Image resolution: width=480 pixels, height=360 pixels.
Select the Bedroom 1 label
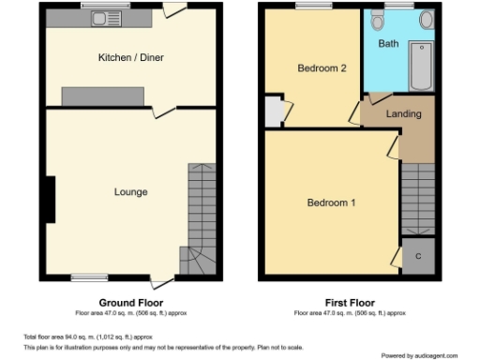pyautogui.click(x=332, y=203)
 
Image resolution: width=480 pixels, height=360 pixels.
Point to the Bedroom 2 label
pyautogui.click(x=316, y=68)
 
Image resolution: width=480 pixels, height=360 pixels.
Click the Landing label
pyautogui.click(x=403, y=114)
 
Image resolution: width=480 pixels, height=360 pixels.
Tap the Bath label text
pyautogui.click(x=387, y=44)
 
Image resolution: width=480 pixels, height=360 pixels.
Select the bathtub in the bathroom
pyautogui.click(x=421, y=64)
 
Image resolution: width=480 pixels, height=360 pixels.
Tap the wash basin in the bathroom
pyautogui.click(x=425, y=19)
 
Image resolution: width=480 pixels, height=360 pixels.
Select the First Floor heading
pyautogui.click(x=349, y=303)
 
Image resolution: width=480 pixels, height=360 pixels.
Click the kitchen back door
pyautogui.click(x=173, y=9)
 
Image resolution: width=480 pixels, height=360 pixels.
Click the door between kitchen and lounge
pyautogui.click(x=164, y=111)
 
